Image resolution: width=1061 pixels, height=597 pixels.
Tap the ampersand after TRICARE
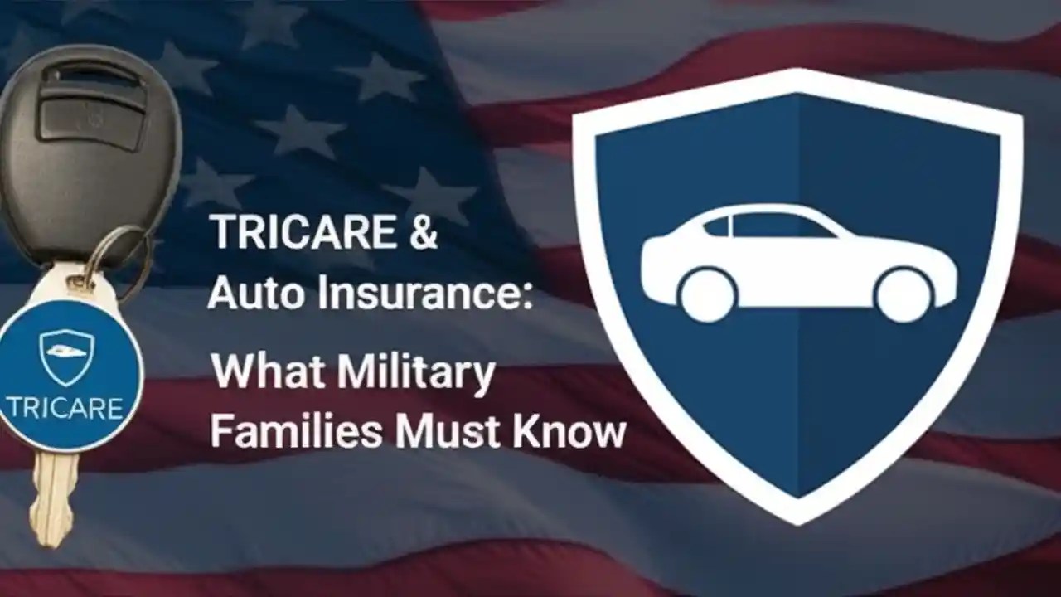(422, 233)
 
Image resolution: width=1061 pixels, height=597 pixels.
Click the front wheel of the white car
(904, 295)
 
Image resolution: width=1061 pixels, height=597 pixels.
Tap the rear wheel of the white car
(707, 295)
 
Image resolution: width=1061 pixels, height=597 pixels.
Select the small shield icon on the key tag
(66, 357)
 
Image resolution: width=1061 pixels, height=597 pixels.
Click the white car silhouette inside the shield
(797, 261)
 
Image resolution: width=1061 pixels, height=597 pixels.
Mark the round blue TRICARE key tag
(66, 377)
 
